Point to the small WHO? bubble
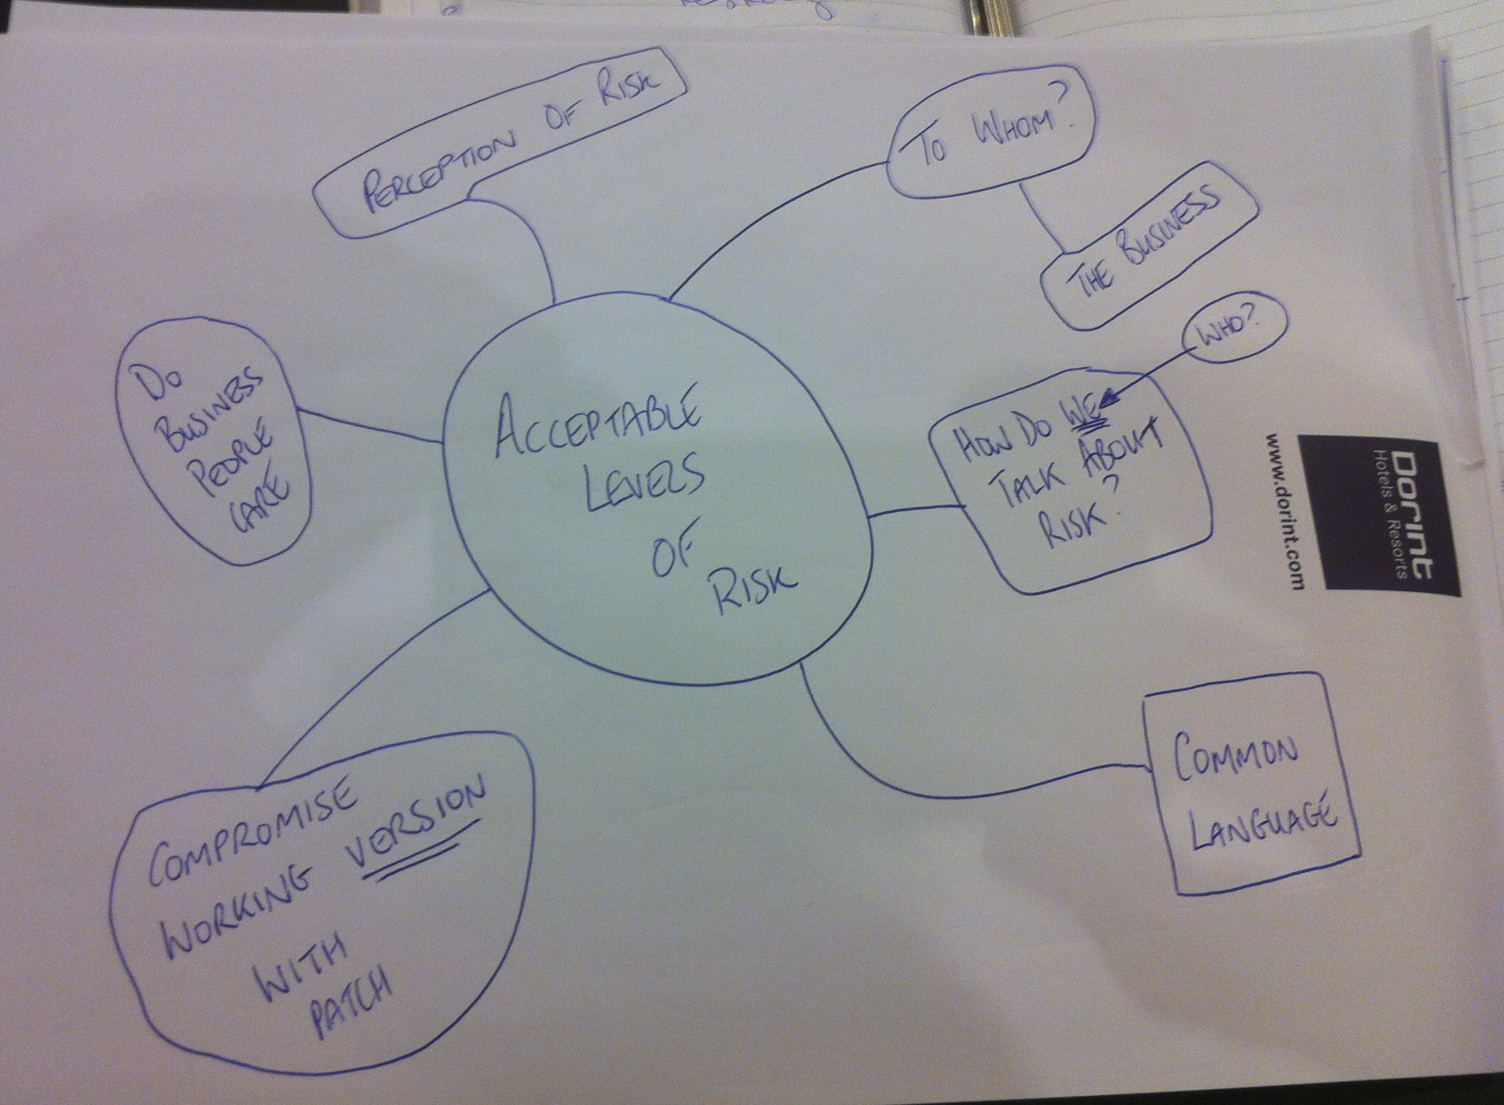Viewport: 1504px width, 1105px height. pyautogui.click(x=1234, y=335)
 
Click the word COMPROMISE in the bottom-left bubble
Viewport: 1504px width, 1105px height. pyautogui.click(x=251, y=838)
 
